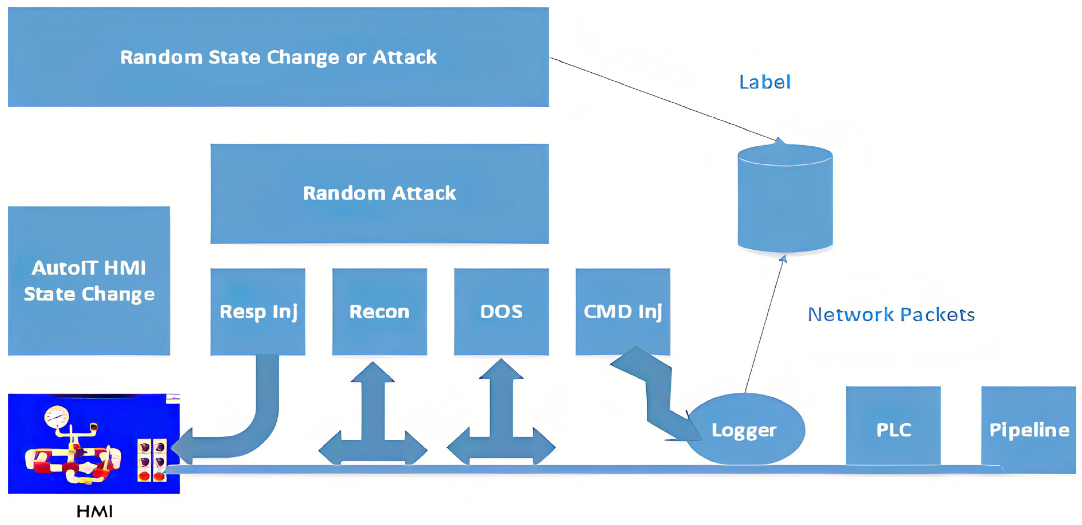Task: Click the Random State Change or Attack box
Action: click(x=278, y=57)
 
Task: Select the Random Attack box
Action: click(x=379, y=194)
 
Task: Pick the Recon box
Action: click(x=379, y=311)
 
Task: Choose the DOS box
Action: click(x=501, y=311)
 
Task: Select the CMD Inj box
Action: click(x=623, y=311)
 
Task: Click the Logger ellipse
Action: click(x=744, y=430)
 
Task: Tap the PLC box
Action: click(x=893, y=429)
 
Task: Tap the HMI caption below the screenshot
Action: click(x=95, y=511)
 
